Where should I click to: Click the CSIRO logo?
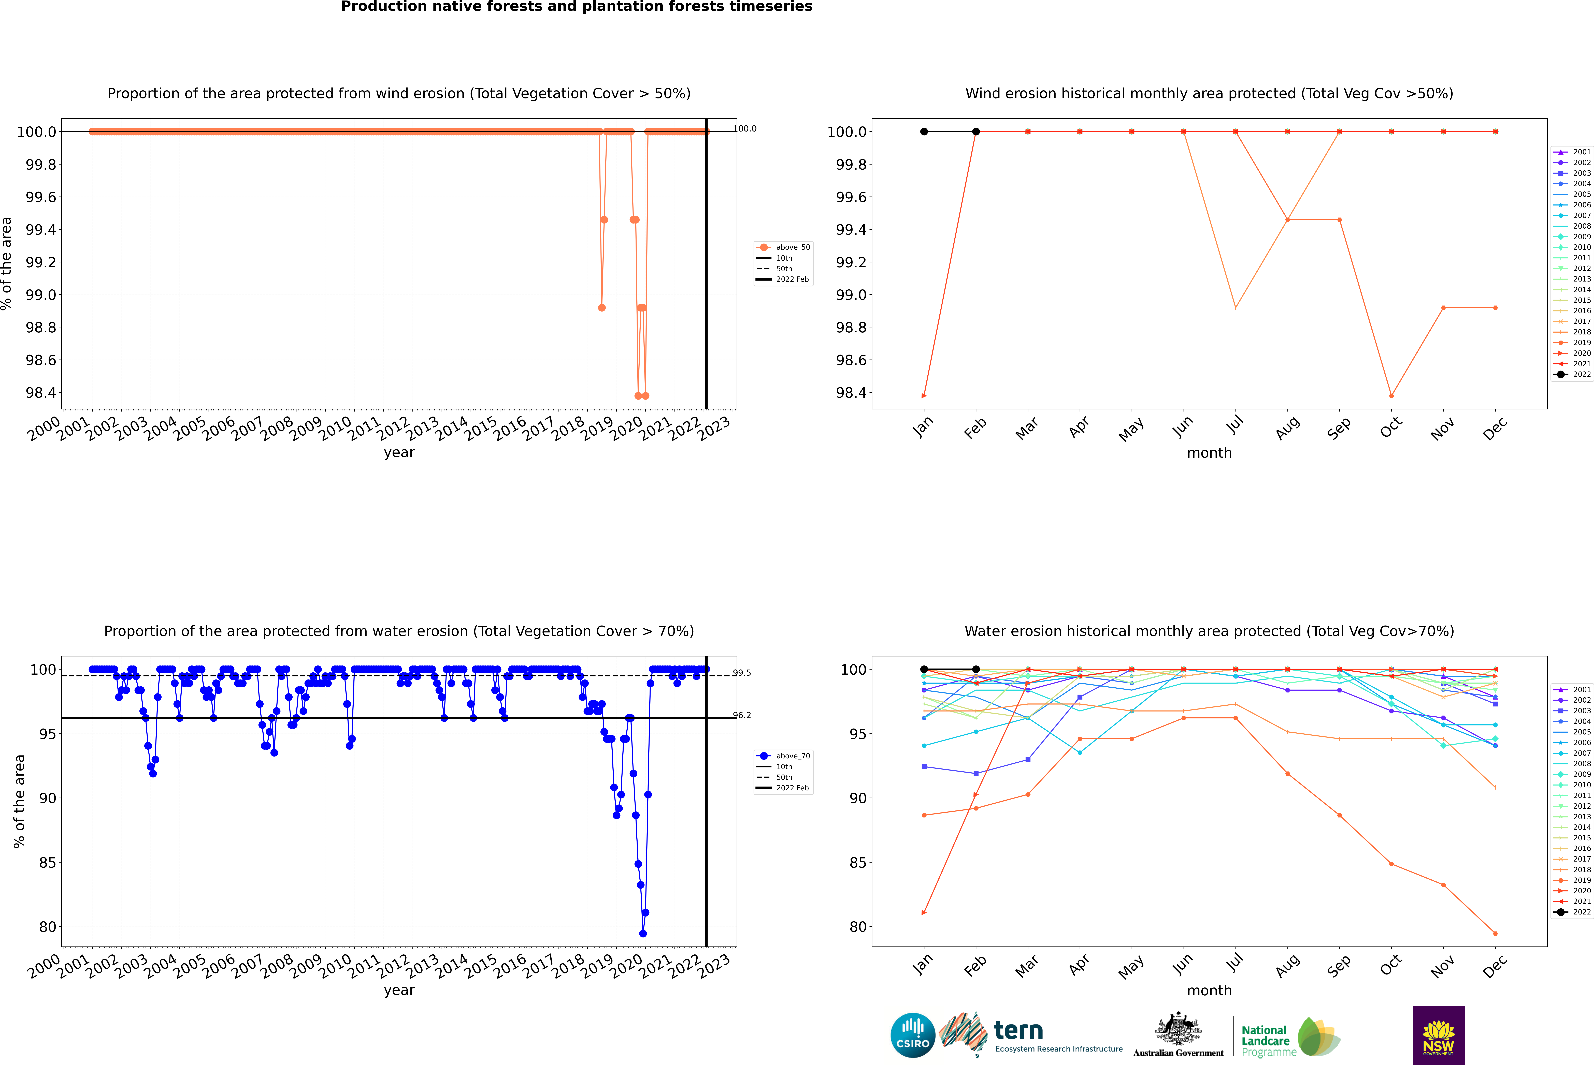[x=913, y=1035]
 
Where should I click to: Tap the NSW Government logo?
[x=1438, y=1035]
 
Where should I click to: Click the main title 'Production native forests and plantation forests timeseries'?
[x=576, y=7]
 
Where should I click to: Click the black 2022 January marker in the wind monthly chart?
[x=924, y=132]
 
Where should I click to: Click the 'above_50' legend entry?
[x=792, y=247]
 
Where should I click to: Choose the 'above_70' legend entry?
[x=792, y=756]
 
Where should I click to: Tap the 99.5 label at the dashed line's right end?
[x=742, y=673]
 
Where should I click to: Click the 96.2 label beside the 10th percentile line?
[x=742, y=715]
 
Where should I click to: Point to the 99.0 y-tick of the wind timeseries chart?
[x=41, y=295]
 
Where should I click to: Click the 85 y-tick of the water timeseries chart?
[x=48, y=863]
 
